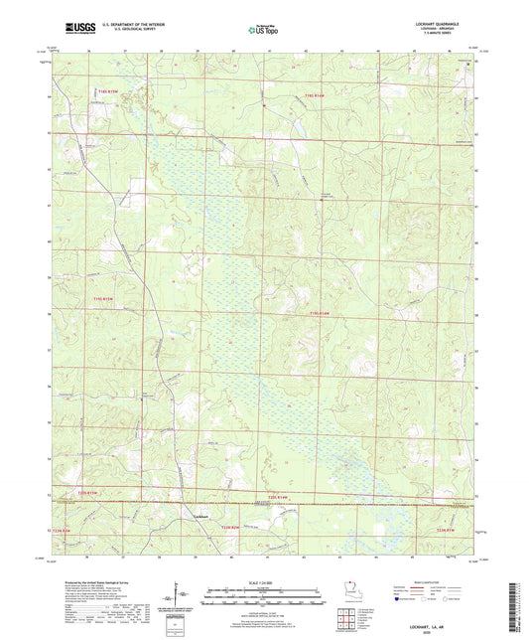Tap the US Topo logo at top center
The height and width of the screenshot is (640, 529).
coord(263,30)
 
